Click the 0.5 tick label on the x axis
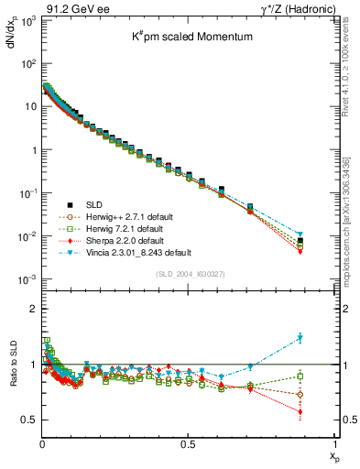[x=188, y=443]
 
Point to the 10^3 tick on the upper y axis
[x=28, y=20]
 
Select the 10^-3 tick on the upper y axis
[x=27, y=279]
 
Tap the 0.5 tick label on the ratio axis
[x=28, y=420]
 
